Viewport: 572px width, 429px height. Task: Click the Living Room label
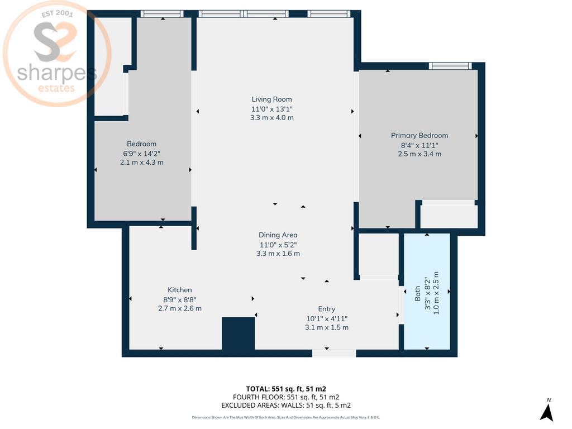pyautogui.click(x=272, y=99)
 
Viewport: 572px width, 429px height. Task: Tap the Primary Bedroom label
pyautogui.click(x=420, y=135)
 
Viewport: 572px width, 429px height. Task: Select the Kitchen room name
pyautogui.click(x=179, y=290)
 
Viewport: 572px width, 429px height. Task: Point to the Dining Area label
pyautogui.click(x=278, y=235)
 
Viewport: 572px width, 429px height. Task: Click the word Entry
pyautogui.click(x=326, y=309)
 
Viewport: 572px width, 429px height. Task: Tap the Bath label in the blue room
pyautogui.click(x=417, y=293)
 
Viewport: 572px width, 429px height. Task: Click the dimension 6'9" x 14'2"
pyautogui.click(x=141, y=154)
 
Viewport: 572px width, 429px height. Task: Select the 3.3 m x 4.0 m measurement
pyautogui.click(x=272, y=117)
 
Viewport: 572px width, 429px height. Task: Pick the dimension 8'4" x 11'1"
pyautogui.click(x=420, y=145)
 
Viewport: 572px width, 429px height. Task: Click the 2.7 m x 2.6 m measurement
pyautogui.click(x=179, y=308)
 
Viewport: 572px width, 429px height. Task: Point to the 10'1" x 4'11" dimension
pyautogui.click(x=326, y=318)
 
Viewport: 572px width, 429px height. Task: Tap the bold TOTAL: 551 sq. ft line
pyautogui.click(x=286, y=389)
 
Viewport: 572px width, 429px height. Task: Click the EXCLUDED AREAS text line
pyautogui.click(x=286, y=406)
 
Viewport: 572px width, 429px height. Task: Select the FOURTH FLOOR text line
pyautogui.click(x=286, y=397)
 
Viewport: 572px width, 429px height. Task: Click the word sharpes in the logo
pyautogui.click(x=57, y=73)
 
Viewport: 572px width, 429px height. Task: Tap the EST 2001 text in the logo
pyautogui.click(x=58, y=14)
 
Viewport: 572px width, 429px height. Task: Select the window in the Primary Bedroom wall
pyautogui.click(x=450, y=66)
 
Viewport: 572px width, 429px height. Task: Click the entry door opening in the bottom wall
pyautogui.click(x=334, y=353)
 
